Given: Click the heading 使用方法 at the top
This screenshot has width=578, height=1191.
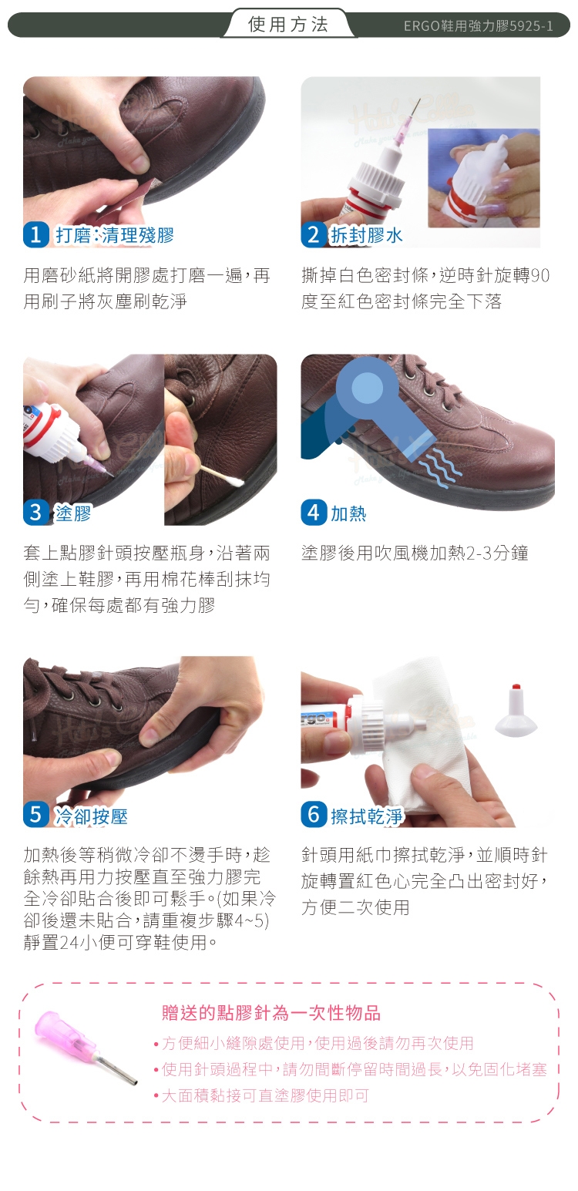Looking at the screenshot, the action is point(288,25).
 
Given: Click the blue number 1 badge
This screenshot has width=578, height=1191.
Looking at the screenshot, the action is point(36,234).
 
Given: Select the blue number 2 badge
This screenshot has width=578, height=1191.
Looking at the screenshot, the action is point(314,234).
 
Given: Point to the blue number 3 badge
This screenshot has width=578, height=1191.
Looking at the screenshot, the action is point(36,513).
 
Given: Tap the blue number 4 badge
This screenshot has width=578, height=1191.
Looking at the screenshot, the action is point(314,513).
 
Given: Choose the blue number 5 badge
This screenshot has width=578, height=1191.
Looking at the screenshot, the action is point(36,815).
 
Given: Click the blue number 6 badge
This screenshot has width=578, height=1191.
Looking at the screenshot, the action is point(314,815).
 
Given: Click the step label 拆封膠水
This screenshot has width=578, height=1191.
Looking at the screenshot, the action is point(366,235).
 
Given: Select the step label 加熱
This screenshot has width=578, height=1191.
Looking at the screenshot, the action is point(348,513).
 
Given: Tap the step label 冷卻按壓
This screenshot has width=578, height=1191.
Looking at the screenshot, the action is point(92,816).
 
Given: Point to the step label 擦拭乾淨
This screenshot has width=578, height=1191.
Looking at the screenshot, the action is point(367,816).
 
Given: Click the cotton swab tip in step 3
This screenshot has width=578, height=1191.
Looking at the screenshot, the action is point(235,482).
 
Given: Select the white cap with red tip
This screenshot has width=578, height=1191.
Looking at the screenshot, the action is point(515,710).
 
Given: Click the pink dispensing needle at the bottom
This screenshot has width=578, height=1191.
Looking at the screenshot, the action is point(84,1048).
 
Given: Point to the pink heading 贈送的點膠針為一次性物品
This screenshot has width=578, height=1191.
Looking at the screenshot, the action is point(271,1013).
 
